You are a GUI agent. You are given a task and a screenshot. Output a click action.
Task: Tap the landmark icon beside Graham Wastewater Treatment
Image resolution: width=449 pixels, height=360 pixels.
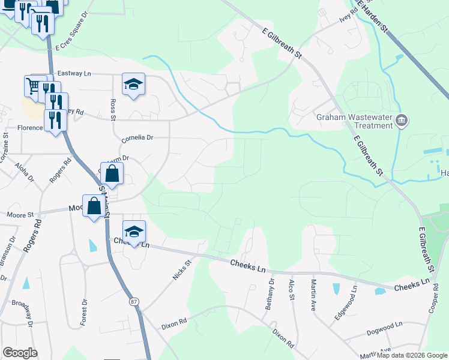[x=402, y=121]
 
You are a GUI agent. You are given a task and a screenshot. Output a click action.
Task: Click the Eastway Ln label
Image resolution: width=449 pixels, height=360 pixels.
[x=73, y=73]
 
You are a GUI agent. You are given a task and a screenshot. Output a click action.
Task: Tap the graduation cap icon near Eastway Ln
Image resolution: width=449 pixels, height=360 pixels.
[x=133, y=85]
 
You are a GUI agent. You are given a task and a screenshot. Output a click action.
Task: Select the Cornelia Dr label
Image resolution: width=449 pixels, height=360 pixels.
[x=137, y=137]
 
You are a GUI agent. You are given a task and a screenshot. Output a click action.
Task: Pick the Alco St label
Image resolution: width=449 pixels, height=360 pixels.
[x=292, y=290]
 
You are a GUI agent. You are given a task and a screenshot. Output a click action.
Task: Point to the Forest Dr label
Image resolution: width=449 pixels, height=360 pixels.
[x=84, y=311]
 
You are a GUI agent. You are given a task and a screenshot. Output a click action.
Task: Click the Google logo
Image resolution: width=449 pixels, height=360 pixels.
[x=20, y=353]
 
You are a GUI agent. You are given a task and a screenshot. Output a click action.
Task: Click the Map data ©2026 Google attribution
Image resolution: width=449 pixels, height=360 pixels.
[x=412, y=355]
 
